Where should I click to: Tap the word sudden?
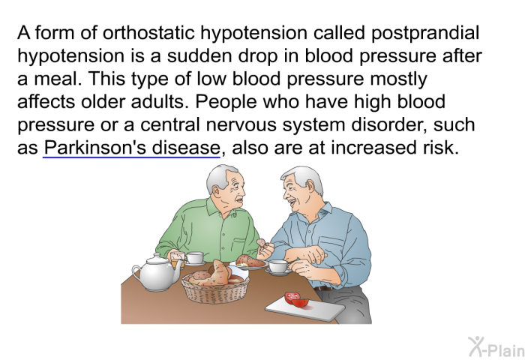coord(199,56)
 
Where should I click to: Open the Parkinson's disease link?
coord(131,147)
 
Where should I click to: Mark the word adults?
coord(157,102)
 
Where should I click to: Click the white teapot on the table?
coord(156,272)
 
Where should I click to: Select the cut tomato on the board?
coord(297,299)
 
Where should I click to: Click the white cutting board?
coord(304,310)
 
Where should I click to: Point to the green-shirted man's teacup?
coord(194,259)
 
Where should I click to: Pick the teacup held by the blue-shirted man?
coord(278,267)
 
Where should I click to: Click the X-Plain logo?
coord(496,347)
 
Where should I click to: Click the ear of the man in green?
coord(217,191)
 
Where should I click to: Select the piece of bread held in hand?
coord(261,242)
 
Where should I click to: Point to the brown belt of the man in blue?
coord(323,288)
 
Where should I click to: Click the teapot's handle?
coord(136,273)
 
